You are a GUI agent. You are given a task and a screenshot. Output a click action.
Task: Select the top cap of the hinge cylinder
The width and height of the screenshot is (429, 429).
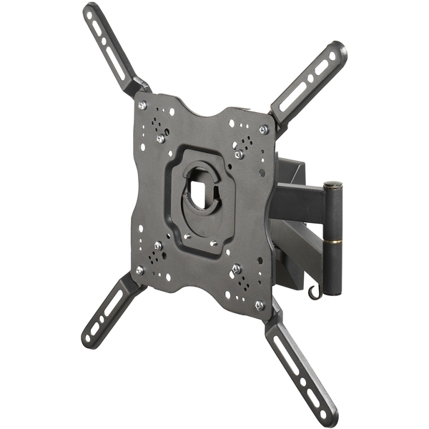tap(332, 187)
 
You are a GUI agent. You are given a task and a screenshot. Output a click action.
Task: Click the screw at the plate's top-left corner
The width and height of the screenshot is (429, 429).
tap(142, 105)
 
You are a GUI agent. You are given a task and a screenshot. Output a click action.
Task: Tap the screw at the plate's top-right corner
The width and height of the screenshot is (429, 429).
tap(263, 129)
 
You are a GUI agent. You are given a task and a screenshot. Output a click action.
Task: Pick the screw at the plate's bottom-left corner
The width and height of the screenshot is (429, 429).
tap(139, 270)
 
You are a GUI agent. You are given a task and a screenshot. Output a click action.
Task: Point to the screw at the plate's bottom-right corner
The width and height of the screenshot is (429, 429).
tap(259, 305)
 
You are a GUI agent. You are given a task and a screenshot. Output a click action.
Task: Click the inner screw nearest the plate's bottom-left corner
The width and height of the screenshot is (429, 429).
tap(157, 246)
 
